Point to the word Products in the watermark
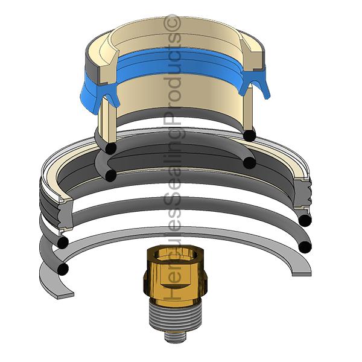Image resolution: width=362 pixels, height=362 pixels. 173,78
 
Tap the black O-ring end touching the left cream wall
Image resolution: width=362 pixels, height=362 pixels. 111,148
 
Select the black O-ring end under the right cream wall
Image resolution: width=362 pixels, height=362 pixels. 249,134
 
